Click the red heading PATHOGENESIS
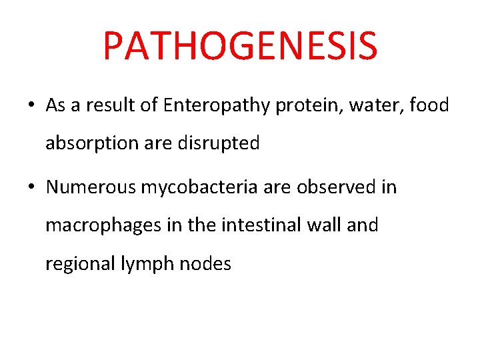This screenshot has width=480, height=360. (240, 45)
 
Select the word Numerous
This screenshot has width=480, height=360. (90, 187)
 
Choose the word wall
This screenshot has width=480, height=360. (322, 225)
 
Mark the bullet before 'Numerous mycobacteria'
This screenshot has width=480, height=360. (31, 188)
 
